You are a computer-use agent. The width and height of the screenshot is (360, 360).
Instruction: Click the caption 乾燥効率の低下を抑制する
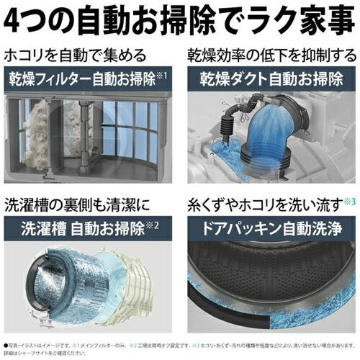click(273, 55)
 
